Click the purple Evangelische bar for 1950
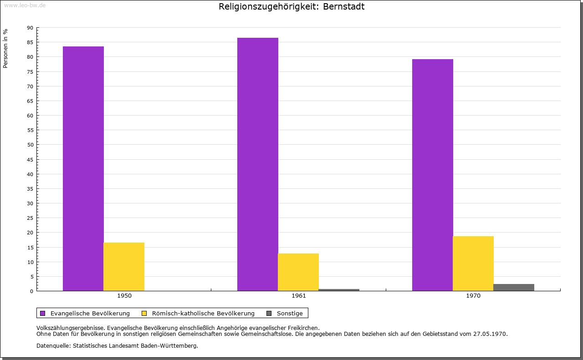pyautogui.click(x=83, y=168)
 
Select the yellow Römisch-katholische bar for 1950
pyautogui.click(x=124, y=267)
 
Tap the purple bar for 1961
pyautogui.click(x=258, y=164)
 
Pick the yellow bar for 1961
pyautogui.click(x=298, y=272)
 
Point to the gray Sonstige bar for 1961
pyautogui.click(x=339, y=290)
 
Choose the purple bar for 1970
pyautogui.click(x=433, y=175)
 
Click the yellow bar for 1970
pyautogui.click(x=473, y=264)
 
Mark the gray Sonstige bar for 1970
pyautogui.click(x=514, y=287)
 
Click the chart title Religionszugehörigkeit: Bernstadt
pyautogui.click(x=291, y=7)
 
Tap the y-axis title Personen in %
pyautogui.click(x=5, y=48)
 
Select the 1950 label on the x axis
pyautogui.click(x=124, y=296)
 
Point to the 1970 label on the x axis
pyautogui.click(x=473, y=296)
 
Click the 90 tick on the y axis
pyautogui.click(x=30, y=28)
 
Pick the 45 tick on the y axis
pyautogui.click(x=30, y=160)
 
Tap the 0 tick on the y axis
pyautogui.click(x=32, y=291)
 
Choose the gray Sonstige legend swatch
pyautogui.click(x=269, y=313)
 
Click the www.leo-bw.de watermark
pyautogui.click(x=25, y=5)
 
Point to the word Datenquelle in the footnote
pyautogui.click(x=52, y=346)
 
